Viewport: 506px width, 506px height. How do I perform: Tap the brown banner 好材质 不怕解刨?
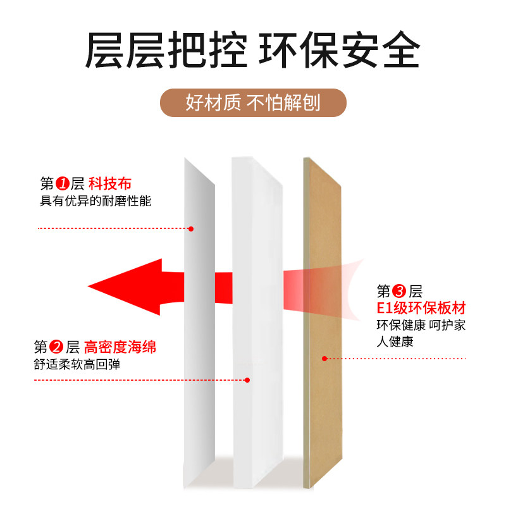253,102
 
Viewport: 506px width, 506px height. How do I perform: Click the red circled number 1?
62,184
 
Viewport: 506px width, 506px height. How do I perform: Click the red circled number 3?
399,292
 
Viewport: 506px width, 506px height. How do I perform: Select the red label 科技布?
110,184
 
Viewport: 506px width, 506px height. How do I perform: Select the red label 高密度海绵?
120,347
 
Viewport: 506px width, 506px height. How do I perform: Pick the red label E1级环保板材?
420,309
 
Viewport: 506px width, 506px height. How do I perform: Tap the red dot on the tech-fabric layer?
190,228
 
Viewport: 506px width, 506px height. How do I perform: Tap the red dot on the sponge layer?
247,380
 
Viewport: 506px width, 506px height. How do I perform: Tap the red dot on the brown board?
324,359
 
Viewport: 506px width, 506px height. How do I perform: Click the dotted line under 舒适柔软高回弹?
139,380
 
